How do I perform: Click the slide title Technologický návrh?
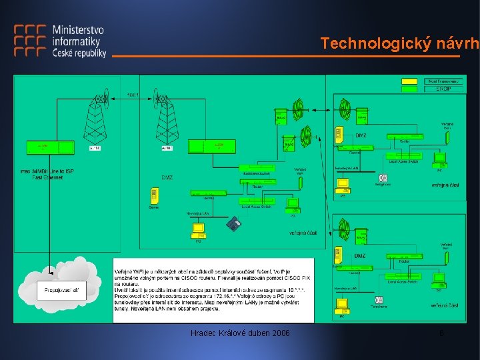[x=399, y=44]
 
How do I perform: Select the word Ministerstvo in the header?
[x=78, y=31]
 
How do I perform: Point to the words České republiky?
[x=79, y=53]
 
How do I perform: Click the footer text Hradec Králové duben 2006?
[x=240, y=333]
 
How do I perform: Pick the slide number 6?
[x=441, y=333]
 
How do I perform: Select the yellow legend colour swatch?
[x=409, y=81]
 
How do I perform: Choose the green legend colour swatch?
[x=409, y=89]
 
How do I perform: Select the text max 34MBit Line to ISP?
[x=47, y=171]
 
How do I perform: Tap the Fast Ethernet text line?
[x=47, y=177]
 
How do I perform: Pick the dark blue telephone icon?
[x=233, y=224]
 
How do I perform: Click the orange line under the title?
[x=287, y=57]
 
